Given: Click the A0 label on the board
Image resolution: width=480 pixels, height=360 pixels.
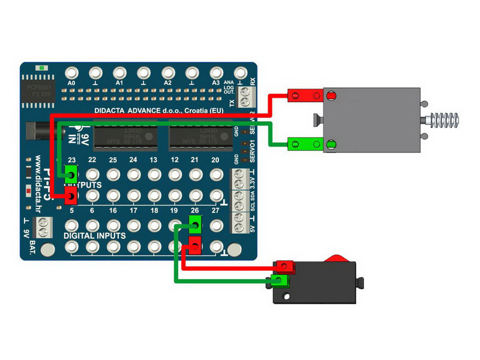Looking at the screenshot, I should [71, 82].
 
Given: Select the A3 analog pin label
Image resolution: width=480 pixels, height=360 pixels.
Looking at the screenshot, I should [216, 82].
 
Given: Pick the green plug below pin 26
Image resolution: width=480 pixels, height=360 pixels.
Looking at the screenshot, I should [194, 224].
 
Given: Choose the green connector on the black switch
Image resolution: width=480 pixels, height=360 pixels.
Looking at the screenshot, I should [281, 280].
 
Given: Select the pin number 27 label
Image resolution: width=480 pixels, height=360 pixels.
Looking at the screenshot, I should [215, 211].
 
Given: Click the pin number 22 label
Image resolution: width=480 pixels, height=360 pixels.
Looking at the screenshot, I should [92, 160].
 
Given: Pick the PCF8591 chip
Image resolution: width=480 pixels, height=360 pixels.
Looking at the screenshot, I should [40, 91].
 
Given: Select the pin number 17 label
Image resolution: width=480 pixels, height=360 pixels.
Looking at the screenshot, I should [133, 211].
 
